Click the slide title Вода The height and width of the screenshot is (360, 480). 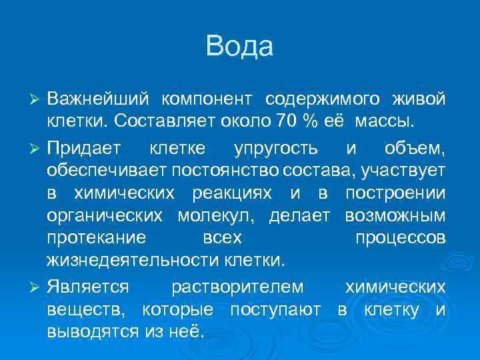(240, 47)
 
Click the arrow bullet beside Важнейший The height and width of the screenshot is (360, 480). (37, 99)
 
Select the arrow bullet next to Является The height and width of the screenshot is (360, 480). (37, 287)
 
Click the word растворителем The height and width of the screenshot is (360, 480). (237, 287)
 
